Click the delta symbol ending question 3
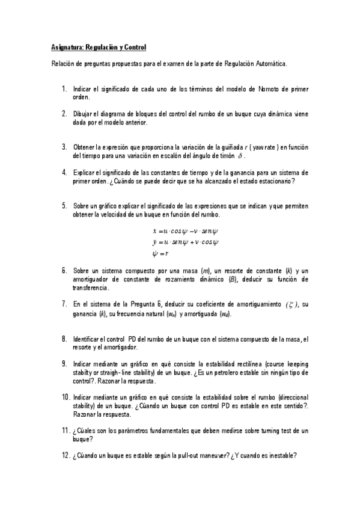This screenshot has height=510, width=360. (258, 155)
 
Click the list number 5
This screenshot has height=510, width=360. (64, 205)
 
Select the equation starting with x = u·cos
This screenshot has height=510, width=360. (185, 231)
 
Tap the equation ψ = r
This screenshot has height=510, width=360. (160, 253)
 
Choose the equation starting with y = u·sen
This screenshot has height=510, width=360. (185, 242)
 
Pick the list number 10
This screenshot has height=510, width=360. (66, 398)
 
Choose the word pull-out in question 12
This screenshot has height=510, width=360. (182, 456)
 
